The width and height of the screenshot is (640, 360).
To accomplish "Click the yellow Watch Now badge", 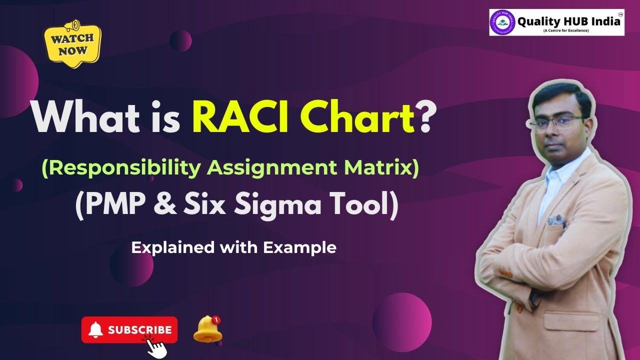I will click(x=72, y=45).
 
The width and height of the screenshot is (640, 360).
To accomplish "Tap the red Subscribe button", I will click(x=129, y=330).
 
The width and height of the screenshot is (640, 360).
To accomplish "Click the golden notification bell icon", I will click(x=207, y=329).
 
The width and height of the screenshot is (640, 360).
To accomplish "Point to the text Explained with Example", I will click(x=233, y=247).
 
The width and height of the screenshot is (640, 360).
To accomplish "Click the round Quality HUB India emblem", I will click(x=502, y=22).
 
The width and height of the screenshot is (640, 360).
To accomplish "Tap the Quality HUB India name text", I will click(x=569, y=21).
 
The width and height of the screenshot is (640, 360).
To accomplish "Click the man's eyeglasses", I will click(x=557, y=122).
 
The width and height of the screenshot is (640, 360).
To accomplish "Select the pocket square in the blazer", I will click(x=556, y=220).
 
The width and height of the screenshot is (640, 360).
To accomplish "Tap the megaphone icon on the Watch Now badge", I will click(x=72, y=25).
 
